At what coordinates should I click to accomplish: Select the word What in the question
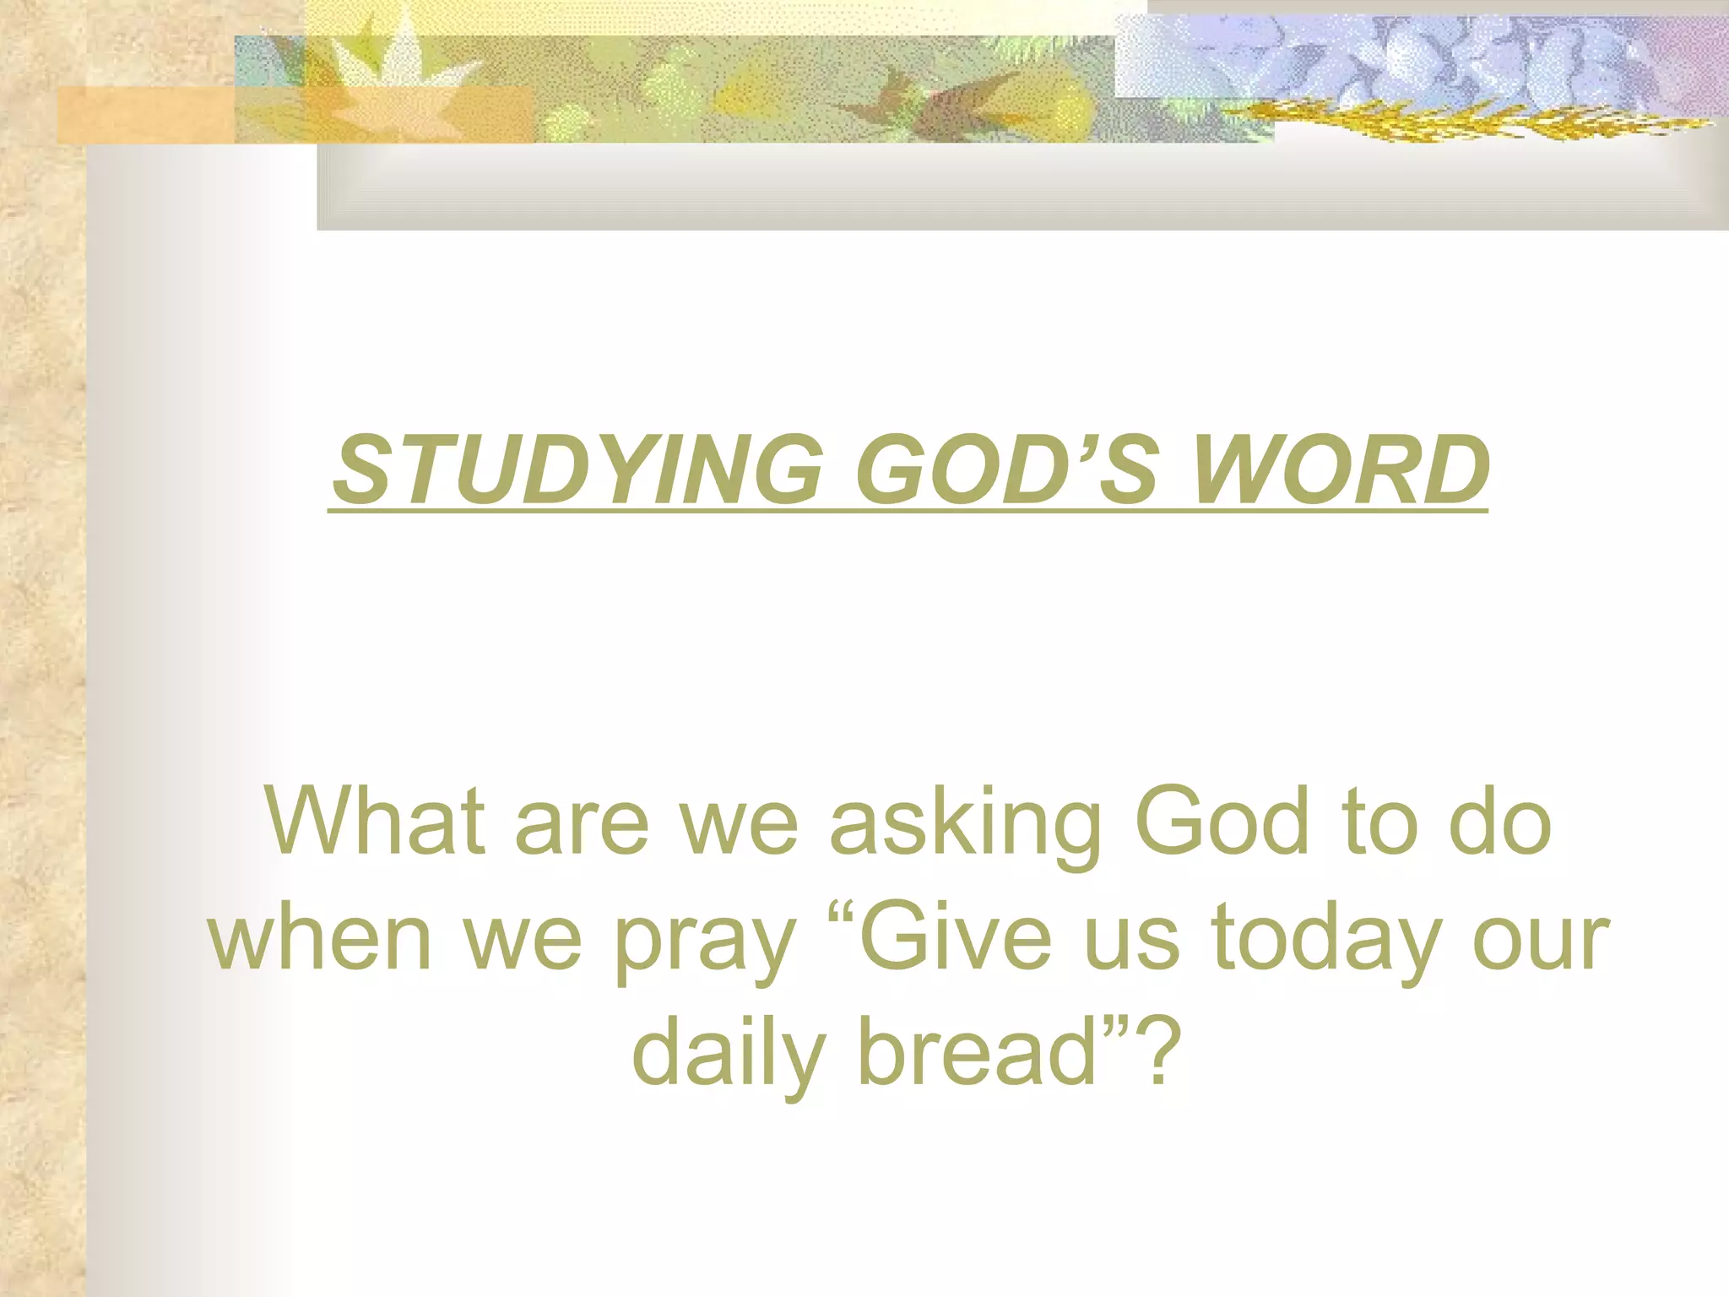coord(375,821)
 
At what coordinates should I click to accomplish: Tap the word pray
coord(706,942)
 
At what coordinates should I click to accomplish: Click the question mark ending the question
coord(1153,1052)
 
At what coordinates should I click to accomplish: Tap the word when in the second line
coord(320,937)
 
